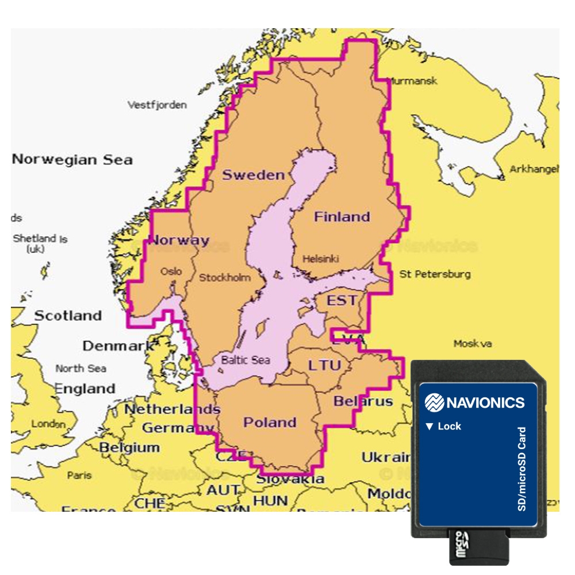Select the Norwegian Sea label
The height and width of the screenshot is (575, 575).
72,160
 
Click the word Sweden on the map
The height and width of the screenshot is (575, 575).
253,175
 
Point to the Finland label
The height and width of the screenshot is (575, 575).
342,217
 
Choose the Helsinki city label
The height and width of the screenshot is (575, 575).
320,259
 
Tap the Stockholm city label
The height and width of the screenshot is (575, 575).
225,278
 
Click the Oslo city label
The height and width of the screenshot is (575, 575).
171,271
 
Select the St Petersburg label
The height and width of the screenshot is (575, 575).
435,274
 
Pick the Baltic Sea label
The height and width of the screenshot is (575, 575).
246,360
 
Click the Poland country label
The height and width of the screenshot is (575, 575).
270,423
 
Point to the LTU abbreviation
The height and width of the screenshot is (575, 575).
324,365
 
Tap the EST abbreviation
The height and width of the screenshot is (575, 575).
342,300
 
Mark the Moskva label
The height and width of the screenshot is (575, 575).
473,344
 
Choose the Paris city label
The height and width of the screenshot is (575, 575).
79,476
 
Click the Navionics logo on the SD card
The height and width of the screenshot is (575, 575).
474,402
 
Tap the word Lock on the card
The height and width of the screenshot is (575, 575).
449,426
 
